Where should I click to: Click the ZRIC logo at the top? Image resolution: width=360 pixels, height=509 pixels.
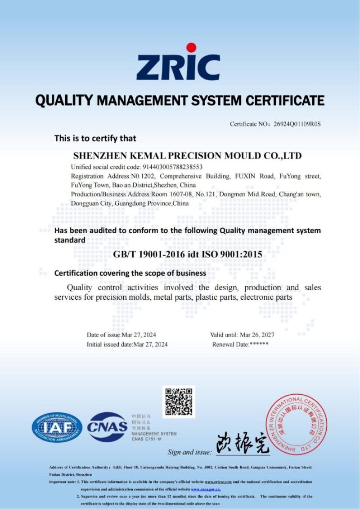tap(178, 67)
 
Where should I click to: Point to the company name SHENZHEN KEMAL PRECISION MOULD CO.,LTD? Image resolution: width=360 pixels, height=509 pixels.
tap(187, 156)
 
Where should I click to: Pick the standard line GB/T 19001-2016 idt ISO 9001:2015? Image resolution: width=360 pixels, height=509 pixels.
tap(187, 254)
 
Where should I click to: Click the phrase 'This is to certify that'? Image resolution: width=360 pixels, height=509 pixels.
tap(95, 138)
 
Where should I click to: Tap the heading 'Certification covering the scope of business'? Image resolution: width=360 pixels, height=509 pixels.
tap(130, 273)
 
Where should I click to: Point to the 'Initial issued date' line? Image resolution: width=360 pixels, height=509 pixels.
tap(127, 344)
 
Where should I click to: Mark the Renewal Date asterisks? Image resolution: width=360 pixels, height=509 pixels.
tap(259, 344)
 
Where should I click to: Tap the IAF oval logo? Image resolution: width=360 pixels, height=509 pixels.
tap(57, 428)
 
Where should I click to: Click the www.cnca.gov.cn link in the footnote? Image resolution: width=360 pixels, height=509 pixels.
tap(206, 489)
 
